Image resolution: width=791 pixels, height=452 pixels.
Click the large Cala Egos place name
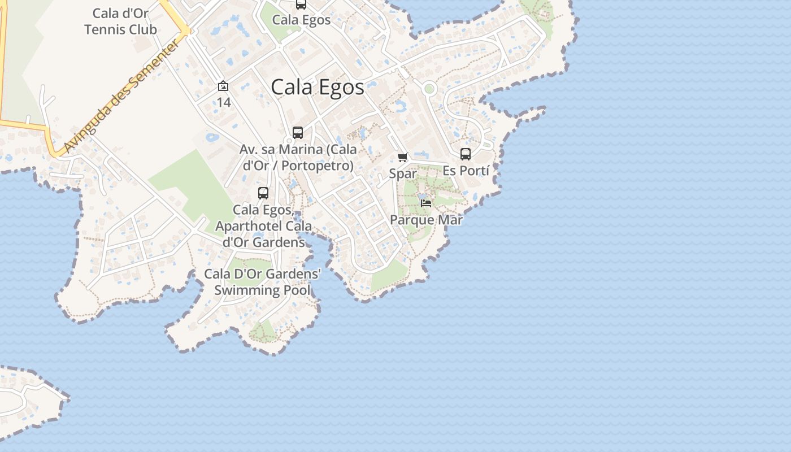pyautogui.click(x=318, y=88)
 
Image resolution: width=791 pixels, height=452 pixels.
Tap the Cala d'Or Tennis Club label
pyautogui.click(x=120, y=21)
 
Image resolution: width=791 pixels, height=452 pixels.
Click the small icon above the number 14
pyautogui.click(x=223, y=86)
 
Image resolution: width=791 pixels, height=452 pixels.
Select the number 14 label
pyautogui.click(x=224, y=102)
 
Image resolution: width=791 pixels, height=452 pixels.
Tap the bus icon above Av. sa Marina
pyautogui.click(x=298, y=133)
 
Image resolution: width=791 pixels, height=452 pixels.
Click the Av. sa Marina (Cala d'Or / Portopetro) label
pyautogui.click(x=298, y=158)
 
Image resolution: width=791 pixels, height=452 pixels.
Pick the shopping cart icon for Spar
pyautogui.click(x=402, y=158)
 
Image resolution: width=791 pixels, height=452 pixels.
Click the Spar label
pyautogui.click(x=403, y=173)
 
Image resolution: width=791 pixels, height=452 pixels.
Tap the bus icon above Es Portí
pyautogui.click(x=466, y=154)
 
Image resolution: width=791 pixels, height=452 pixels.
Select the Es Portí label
pyautogui.click(x=466, y=170)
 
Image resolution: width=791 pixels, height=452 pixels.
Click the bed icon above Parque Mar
pyautogui.click(x=426, y=203)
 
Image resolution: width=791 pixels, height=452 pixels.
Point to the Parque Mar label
pyautogui.click(x=426, y=220)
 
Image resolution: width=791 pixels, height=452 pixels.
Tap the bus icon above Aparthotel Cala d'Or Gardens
pyautogui.click(x=263, y=193)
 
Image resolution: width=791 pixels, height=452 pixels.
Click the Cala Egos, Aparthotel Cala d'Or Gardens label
pyautogui.click(x=263, y=226)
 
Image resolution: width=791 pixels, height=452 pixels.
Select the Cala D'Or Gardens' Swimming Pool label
pyautogui.click(x=263, y=282)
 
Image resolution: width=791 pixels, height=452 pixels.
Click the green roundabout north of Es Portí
pyautogui.click(x=429, y=88)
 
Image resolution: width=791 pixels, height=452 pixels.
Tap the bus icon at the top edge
pyautogui.click(x=301, y=4)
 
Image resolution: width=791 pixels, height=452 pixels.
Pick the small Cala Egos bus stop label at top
pyautogui.click(x=301, y=20)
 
